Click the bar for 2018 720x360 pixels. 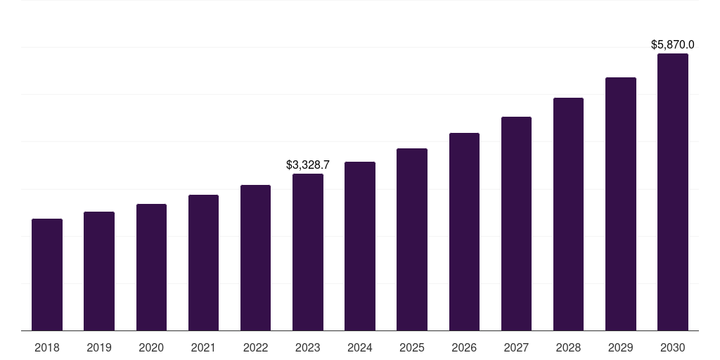[47, 275]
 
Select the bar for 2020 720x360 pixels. [151, 267]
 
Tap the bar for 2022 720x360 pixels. [255, 258]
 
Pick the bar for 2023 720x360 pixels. [308, 252]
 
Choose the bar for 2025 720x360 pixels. [412, 240]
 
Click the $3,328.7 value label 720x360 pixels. [308, 165]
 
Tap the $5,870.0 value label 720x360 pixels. [673, 45]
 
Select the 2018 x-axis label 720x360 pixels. [47, 347]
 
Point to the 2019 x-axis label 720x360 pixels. [99, 347]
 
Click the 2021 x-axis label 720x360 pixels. [203, 347]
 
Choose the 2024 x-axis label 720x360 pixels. [360, 347]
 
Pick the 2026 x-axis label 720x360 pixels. [464, 347]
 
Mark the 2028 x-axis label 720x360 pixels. [568, 347]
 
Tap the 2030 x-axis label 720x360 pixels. [673, 347]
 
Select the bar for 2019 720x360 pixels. [99, 271]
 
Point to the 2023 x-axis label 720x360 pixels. [308, 347]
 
